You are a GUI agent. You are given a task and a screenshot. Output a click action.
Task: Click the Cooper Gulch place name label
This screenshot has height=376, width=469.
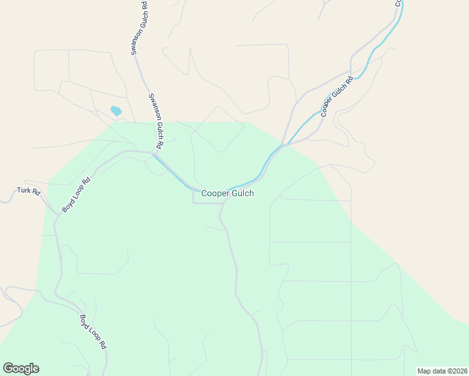pos(227,194)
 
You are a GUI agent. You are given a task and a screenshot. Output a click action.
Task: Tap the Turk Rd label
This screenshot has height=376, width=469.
pos(28,191)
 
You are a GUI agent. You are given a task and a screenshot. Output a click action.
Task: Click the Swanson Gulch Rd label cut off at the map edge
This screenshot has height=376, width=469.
pos(139,28)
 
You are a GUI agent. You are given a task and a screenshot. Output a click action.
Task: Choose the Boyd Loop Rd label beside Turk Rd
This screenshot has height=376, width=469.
pos(76,195)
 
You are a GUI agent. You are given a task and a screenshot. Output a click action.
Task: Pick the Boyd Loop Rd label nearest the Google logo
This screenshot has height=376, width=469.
pos(93,332)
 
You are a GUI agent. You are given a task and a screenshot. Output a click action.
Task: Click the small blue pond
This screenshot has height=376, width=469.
pos(116,111)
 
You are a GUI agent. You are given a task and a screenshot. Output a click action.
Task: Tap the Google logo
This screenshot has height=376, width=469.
pos(21,368)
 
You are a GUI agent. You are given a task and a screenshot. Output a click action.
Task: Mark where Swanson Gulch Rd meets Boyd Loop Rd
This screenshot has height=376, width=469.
pos(154,152)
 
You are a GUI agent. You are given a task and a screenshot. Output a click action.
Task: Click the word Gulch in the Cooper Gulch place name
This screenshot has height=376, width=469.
pos(241,194)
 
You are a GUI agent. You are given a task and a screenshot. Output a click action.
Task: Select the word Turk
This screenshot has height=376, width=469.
pos(24,190)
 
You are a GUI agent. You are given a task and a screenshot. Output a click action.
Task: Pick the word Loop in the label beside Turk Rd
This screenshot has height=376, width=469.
pos(75,196)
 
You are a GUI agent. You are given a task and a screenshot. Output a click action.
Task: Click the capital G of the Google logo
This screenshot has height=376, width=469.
pos(8,368)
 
